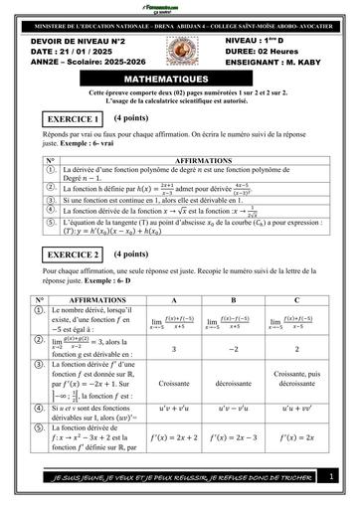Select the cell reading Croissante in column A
[173, 382]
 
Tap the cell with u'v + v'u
[173, 407]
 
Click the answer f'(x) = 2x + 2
[173, 435]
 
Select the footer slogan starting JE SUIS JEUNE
[180, 480]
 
